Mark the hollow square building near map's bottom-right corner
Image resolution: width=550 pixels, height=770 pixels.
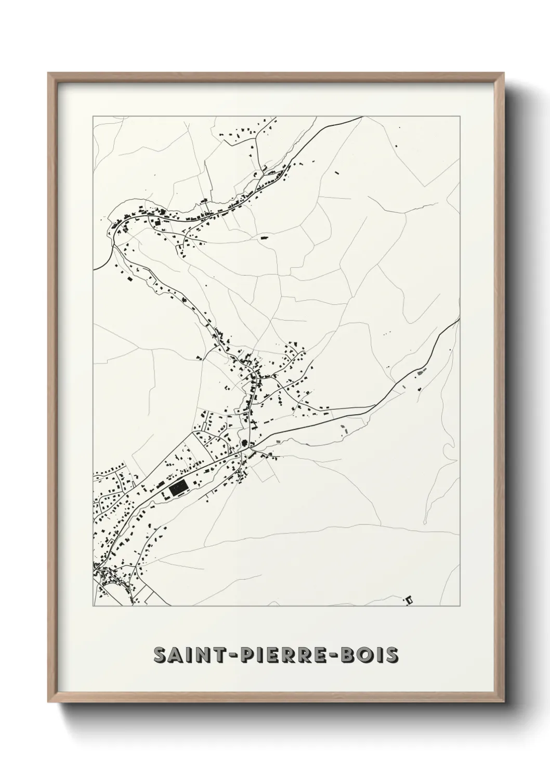click(x=409, y=600)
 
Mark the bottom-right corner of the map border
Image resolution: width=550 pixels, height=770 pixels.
click(x=460, y=606)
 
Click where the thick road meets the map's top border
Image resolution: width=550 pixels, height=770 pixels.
click(x=362, y=117)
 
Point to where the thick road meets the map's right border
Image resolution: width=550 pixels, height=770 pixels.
click(x=460, y=319)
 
